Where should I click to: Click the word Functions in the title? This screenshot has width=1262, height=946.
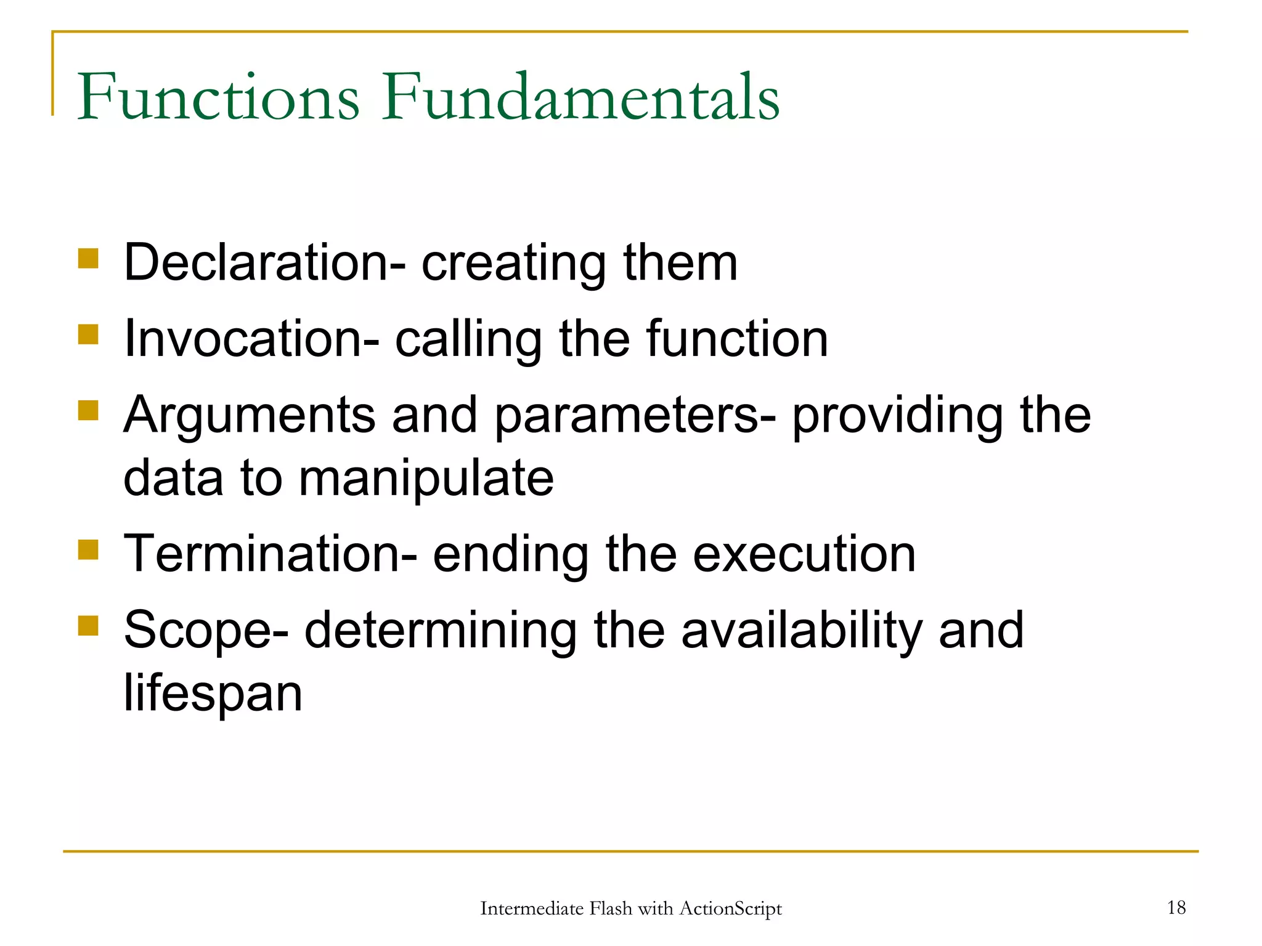coord(218,97)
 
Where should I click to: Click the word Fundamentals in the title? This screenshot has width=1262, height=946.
coord(580,97)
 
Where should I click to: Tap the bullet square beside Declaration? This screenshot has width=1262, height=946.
coord(89,258)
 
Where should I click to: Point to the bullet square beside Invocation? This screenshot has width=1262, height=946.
coord(89,334)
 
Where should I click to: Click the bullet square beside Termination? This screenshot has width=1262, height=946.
coord(89,549)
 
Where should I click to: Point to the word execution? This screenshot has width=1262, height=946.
coord(804,554)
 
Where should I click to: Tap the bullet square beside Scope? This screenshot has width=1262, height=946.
coord(89,626)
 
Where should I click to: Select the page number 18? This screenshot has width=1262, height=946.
coord(1176,907)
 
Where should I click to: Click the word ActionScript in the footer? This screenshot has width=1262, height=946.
coord(730,909)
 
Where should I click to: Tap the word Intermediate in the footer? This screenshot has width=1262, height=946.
coord(532,908)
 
